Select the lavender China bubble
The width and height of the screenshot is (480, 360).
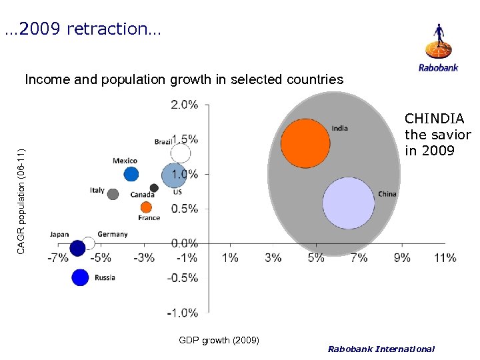point(349,203)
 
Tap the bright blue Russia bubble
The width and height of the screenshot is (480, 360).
point(80,277)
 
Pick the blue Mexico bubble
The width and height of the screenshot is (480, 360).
point(131,174)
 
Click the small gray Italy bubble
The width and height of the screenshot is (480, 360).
point(113,194)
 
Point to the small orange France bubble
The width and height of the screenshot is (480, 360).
point(145,207)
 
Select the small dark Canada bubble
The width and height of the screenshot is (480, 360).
point(154,188)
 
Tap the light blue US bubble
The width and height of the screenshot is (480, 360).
point(174,175)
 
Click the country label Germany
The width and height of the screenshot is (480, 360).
point(112,234)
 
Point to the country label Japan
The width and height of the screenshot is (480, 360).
point(59,234)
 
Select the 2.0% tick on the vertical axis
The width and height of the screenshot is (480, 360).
point(184,105)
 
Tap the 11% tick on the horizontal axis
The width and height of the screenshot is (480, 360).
point(445,257)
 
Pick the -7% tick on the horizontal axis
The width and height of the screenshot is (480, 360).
point(58,257)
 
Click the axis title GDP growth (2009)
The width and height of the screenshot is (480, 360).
point(219,341)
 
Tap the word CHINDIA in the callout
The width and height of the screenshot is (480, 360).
point(434,119)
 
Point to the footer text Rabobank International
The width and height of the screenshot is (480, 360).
point(381,349)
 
